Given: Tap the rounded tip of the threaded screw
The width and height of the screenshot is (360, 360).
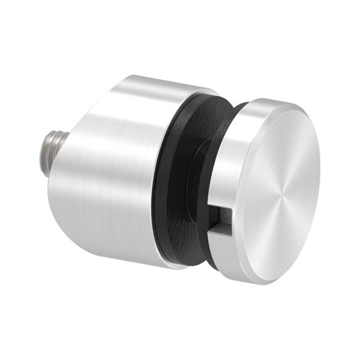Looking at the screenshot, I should [44, 148].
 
